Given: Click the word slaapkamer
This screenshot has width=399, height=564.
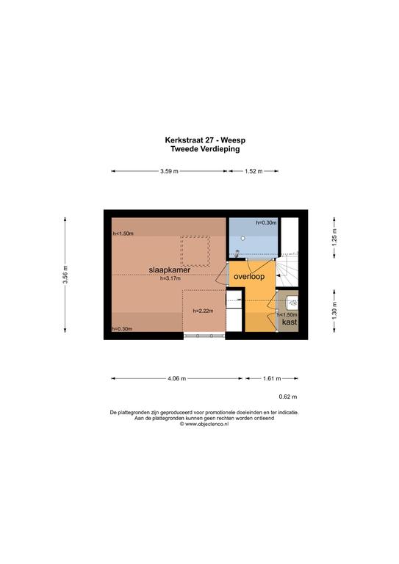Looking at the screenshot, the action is (170, 270).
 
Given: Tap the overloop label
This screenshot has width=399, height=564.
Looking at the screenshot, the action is (249, 277).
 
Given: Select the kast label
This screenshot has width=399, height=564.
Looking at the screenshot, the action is (290, 322).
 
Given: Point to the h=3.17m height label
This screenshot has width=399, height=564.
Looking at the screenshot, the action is (170, 278).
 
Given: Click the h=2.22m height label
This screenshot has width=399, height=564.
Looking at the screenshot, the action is (204, 311).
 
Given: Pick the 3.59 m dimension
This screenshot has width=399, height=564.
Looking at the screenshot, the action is (169, 171).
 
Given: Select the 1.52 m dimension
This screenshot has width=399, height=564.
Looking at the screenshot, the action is (254, 171).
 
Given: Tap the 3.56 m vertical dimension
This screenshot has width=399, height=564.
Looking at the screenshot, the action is (65, 275).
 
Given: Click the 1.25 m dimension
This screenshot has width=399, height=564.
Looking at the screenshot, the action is (334, 237).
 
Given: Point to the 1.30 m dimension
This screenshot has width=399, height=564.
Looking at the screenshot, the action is (334, 311).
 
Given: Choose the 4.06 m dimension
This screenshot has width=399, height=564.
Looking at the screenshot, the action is (176, 378).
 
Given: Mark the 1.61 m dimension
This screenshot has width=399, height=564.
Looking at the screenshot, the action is (272, 378).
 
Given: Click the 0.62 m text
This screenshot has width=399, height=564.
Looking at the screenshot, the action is (288, 397).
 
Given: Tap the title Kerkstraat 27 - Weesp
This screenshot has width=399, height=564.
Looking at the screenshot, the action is (205, 140).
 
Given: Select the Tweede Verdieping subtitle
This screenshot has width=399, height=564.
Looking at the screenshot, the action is (205, 149).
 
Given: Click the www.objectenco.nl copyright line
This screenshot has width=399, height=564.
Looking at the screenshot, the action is (204, 424).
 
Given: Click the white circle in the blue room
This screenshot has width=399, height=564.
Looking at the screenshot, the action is (243, 238).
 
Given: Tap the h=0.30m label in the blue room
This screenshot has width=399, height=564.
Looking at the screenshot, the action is (266, 223).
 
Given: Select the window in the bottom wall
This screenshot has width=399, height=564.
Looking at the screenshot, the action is (204, 336).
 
